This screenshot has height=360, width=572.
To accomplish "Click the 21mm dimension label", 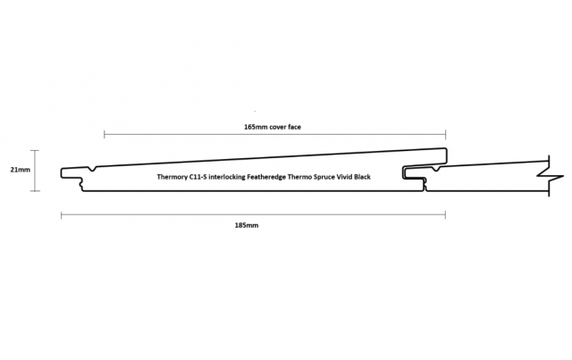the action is pyautogui.click(x=20, y=170).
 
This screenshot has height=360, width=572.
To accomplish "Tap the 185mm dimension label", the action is pyautogui.click(x=247, y=225).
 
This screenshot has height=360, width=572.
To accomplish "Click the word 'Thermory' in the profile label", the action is pyautogui.click(x=172, y=177).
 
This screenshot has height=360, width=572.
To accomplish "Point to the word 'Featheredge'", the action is pyautogui.click(x=266, y=177).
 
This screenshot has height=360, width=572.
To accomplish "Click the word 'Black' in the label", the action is pyautogui.click(x=362, y=177).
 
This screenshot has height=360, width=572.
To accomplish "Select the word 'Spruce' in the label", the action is pyautogui.click(x=324, y=177).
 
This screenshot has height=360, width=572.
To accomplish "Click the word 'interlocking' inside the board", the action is pyautogui.click(x=227, y=177).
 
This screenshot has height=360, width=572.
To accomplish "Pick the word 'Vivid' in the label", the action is pyautogui.click(x=344, y=177).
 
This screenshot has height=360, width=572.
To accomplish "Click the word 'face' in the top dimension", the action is pyautogui.click(x=294, y=127).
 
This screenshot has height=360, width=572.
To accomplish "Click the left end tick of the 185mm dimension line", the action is pyautogui.click(x=62, y=215).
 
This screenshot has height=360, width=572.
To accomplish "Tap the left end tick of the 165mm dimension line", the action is pyautogui.click(x=105, y=135).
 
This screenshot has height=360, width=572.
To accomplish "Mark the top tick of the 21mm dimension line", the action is pyautogui.click(x=35, y=150).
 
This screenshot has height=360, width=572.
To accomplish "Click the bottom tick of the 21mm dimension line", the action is pyautogui.click(x=35, y=191).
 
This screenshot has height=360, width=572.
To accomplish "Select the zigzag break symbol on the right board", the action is pyautogui.click(x=551, y=177).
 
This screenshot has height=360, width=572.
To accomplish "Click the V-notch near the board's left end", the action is pyautogui.click(x=93, y=169).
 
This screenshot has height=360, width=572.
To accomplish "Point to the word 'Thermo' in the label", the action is pyautogui.click(x=299, y=177).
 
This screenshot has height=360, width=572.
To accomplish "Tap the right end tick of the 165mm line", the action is pyautogui.click(x=445, y=135).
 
